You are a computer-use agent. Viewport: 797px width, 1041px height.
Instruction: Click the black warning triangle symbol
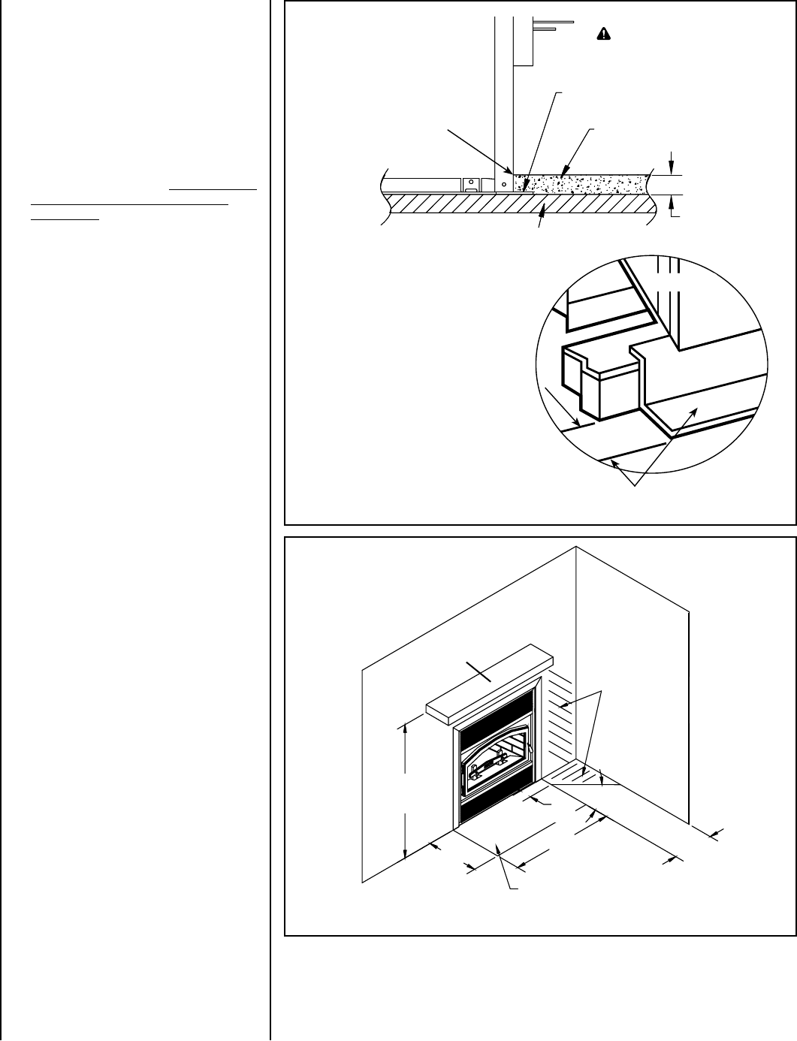pos(602,34)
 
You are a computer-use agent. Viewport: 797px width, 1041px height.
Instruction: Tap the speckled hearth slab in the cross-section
pos(586,183)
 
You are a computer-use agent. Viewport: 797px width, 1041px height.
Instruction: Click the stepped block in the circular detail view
pos(593,383)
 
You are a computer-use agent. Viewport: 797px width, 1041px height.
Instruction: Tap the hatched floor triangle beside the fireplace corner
pos(571,773)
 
